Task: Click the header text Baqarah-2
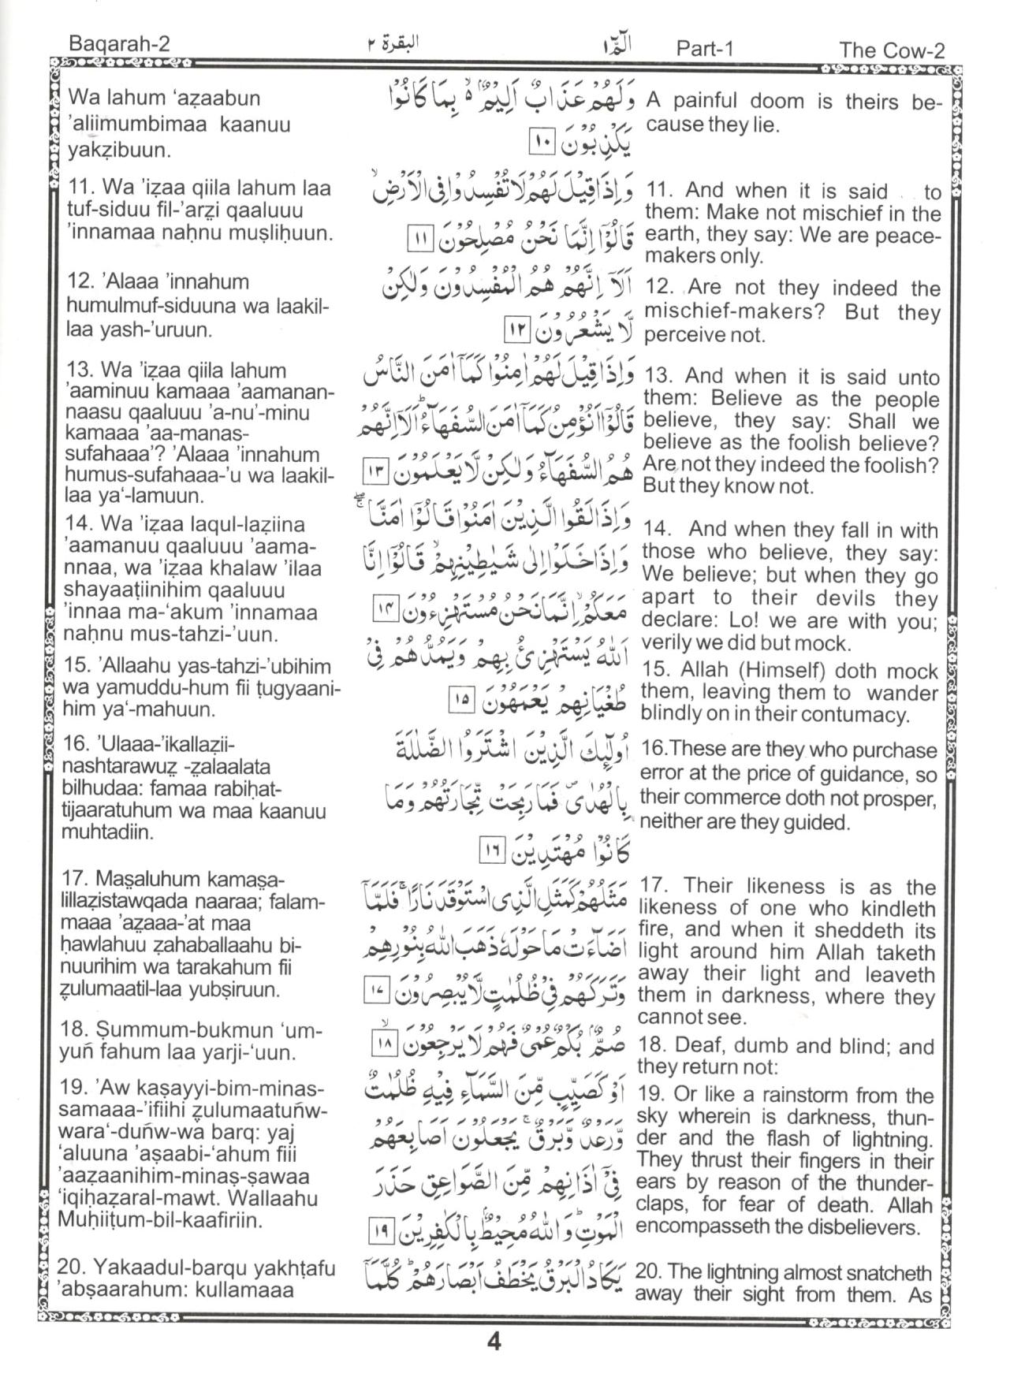pyautogui.click(x=119, y=45)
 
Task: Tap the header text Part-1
pyautogui.click(x=704, y=48)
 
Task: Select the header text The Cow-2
pyautogui.click(x=892, y=50)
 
